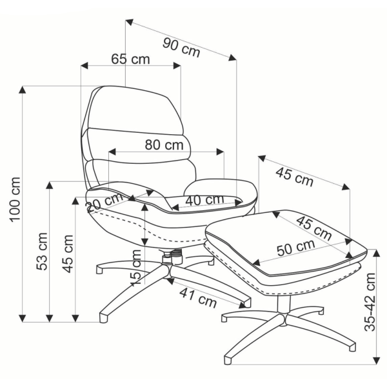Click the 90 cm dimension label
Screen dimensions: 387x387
(181, 47)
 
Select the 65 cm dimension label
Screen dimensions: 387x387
(130, 59)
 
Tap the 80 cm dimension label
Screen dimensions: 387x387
(164, 144)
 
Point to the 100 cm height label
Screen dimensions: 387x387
(15, 199)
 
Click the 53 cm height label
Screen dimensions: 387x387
(42, 252)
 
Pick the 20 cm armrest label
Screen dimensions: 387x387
(104, 202)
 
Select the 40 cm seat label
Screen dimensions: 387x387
(205, 200)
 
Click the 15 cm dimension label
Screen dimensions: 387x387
(135, 268)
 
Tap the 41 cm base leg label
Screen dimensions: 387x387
(198, 297)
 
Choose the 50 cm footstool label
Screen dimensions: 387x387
(296, 248)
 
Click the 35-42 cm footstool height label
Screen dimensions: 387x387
(370, 302)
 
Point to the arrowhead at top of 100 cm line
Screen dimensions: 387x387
(23, 90)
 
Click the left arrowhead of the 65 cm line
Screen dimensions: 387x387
(84, 66)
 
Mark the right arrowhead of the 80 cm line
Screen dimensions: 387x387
(220, 152)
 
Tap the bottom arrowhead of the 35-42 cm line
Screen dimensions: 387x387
(377, 361)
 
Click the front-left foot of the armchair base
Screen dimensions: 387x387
(104, 317)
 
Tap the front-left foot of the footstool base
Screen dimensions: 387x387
(228, 360)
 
